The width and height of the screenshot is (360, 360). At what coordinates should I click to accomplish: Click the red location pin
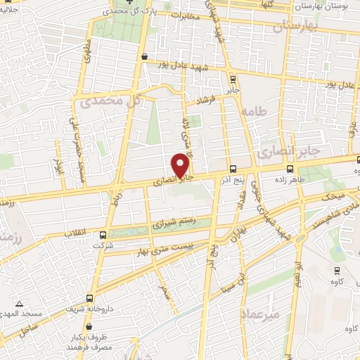click(x=181, y=165)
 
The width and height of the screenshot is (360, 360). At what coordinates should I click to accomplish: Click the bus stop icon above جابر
click(x=233, y=79)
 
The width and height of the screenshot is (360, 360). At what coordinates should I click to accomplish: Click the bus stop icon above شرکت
click(x=103, y=235)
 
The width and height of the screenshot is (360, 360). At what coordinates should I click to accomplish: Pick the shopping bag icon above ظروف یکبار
click(x=89, y=326)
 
